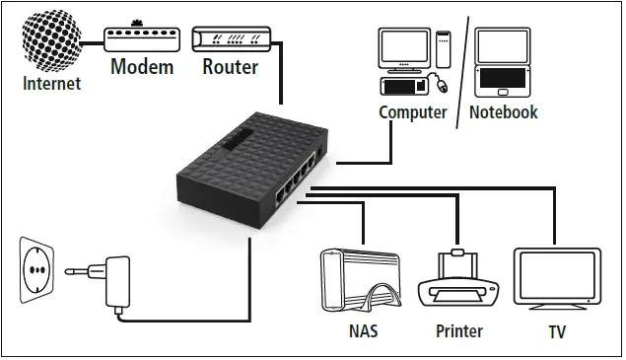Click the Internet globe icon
click(51, 37)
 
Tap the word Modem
click(141, 67)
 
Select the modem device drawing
click(141, 38)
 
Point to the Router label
click(230, 67)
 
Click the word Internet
click(51, 84)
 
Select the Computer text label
click(413, 112)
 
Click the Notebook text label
click(503, 112)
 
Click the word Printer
click(459, 332)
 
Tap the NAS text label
click(363, 332)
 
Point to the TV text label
click(557, 332)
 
